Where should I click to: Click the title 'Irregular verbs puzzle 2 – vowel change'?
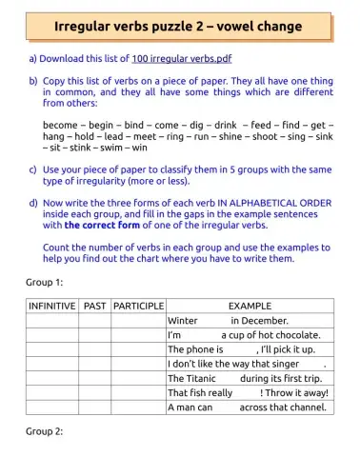click(x=179, y=25)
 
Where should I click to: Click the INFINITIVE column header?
click(x=51, y=307)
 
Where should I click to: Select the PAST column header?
click(x=95, y=307)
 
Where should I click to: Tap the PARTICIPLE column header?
click(x=139, y=307)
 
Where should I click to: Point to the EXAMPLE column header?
click(x=250, y=307)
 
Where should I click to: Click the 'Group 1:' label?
click(x=43, y=284)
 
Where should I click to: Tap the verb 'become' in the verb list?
click(x=61, y=125)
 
